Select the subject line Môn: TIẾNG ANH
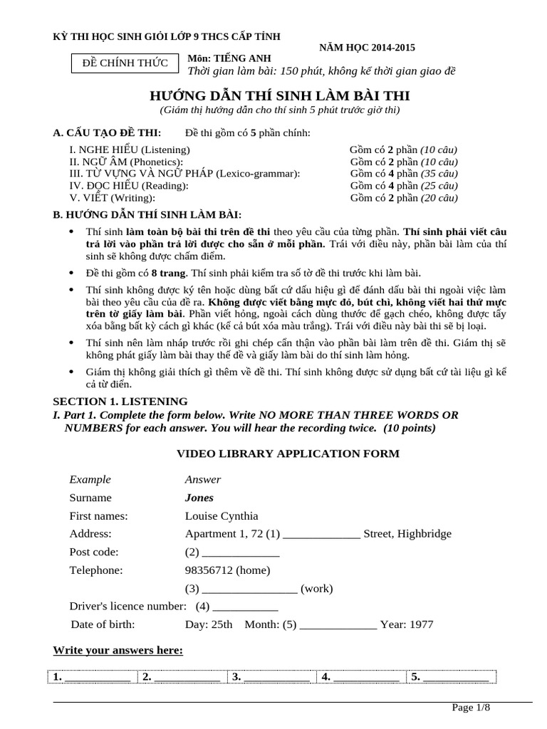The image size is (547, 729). pos(229,58)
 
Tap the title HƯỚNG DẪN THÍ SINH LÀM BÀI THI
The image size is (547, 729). pos(279,95)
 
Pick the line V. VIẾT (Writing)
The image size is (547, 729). pos(112,198)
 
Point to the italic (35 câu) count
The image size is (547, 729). pos(439,174)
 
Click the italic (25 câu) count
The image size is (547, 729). pos(439,186)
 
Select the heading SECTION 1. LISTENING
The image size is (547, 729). pos(120,402)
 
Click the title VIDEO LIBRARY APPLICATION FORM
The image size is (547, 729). pos(288,453)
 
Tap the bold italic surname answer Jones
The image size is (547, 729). pos(199,498)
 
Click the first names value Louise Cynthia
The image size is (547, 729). pos(222,515)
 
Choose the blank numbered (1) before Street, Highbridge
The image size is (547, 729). pos(322,535)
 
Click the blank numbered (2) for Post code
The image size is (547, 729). pos(241,553)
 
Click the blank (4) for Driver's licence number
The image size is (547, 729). pos(245,607)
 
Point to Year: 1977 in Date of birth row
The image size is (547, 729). pos(406,624)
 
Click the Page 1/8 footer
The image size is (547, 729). pos(471,707)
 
